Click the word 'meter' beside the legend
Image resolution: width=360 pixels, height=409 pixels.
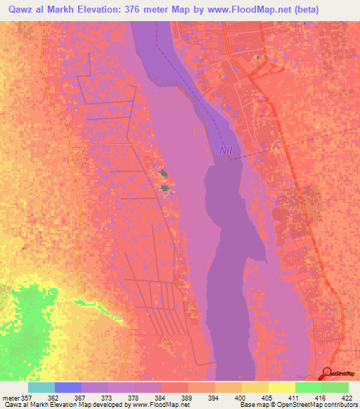(12, 396)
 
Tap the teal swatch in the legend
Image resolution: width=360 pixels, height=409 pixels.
(41, 387)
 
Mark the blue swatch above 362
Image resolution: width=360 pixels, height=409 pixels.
(67, 387)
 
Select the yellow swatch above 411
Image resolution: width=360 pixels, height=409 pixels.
(281, 387)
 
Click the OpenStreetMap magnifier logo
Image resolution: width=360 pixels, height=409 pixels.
(328, 373)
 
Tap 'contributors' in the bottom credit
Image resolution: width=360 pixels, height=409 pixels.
(338, 405)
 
